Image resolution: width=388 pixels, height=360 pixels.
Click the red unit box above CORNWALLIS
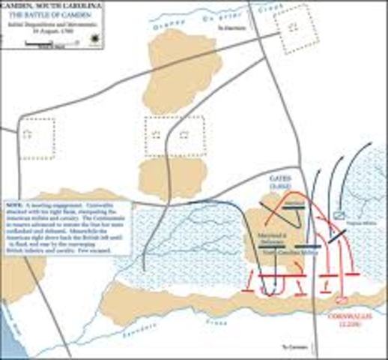(342, 300)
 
